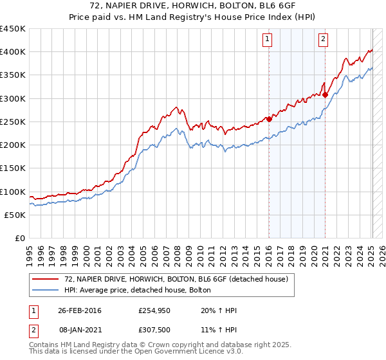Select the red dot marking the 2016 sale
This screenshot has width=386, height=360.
[x=269, y=119]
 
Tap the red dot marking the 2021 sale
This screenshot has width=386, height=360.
[x=326, y=94]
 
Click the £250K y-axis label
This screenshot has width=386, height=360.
[x=13, y=122]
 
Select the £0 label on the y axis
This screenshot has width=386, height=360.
[x=19, y=238]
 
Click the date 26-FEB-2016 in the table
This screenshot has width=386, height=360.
[x=80, y=311]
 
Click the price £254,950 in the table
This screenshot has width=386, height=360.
[x=154, y=311]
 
